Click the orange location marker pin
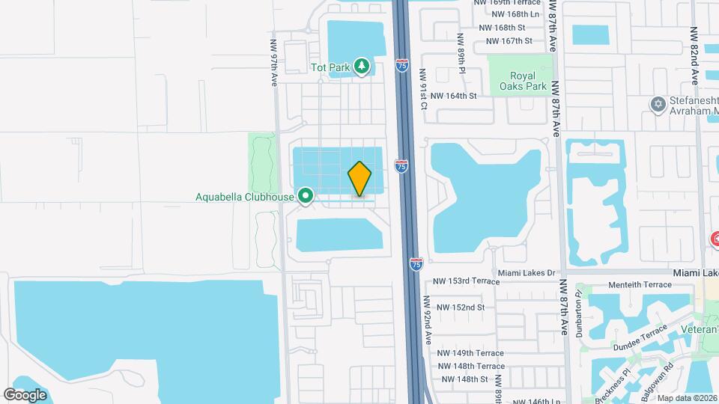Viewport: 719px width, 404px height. (x=359, y=180)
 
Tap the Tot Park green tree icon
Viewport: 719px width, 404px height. (x=362, y=67)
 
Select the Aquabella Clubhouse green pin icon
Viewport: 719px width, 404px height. (x=306, y=197)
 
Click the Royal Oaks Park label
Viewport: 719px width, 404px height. (x=518, y=81)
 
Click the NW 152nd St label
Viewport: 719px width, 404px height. (x=461, y=307)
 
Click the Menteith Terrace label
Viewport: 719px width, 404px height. (x=640, y=285)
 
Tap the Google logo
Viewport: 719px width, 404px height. (x=25, y=394)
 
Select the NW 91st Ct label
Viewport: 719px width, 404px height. (x=423, y=89)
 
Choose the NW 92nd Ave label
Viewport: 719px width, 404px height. (x=428, y=319)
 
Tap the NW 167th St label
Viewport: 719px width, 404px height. (x=509, y=41)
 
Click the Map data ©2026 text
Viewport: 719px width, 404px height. (x=688, y=398)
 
